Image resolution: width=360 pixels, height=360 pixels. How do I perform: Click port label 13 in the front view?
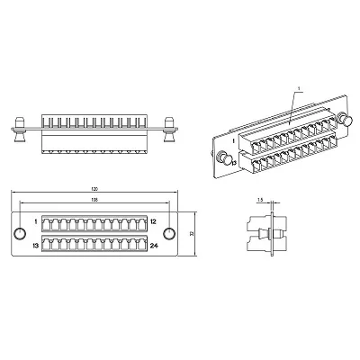coord(35,244)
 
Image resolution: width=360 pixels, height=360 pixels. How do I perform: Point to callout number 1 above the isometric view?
coord(296,87)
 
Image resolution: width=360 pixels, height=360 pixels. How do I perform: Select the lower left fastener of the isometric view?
coord(228,161)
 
